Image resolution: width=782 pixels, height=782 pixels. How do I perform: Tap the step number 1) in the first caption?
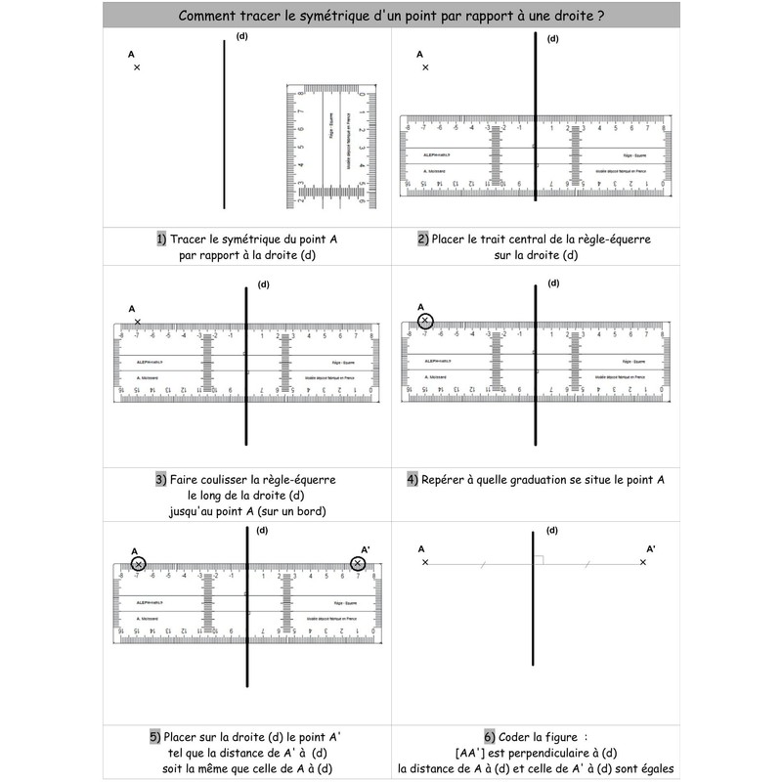[x=161, y=239]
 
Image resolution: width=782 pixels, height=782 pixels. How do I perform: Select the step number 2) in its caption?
[x=422, y=239]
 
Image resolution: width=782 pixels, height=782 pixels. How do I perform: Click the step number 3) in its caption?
[x=161, y=480]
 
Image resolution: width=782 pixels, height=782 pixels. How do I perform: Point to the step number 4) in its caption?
[x=413, y=480]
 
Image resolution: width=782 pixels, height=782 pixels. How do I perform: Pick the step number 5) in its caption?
[x=154, y=736]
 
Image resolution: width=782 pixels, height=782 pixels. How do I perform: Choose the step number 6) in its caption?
[x=490, y=736]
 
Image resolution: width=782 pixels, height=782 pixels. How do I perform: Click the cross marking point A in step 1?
[x=137, y=67]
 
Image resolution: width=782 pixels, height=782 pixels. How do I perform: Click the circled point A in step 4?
[x=425, y=321]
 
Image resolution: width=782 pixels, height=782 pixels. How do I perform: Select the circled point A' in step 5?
[x=358, y=564]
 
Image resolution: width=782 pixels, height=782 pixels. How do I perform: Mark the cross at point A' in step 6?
[x=642, y=562]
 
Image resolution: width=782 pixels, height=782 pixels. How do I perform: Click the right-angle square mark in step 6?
[x=538, y=559]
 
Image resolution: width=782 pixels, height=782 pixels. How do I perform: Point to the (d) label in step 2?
[x=553, y=39]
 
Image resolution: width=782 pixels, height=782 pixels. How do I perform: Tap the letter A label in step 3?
[x=131, y=309]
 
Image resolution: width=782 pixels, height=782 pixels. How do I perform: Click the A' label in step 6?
[x=652, y=549]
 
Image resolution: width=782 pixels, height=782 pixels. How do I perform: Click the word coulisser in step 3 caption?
[x=218, y=480]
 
